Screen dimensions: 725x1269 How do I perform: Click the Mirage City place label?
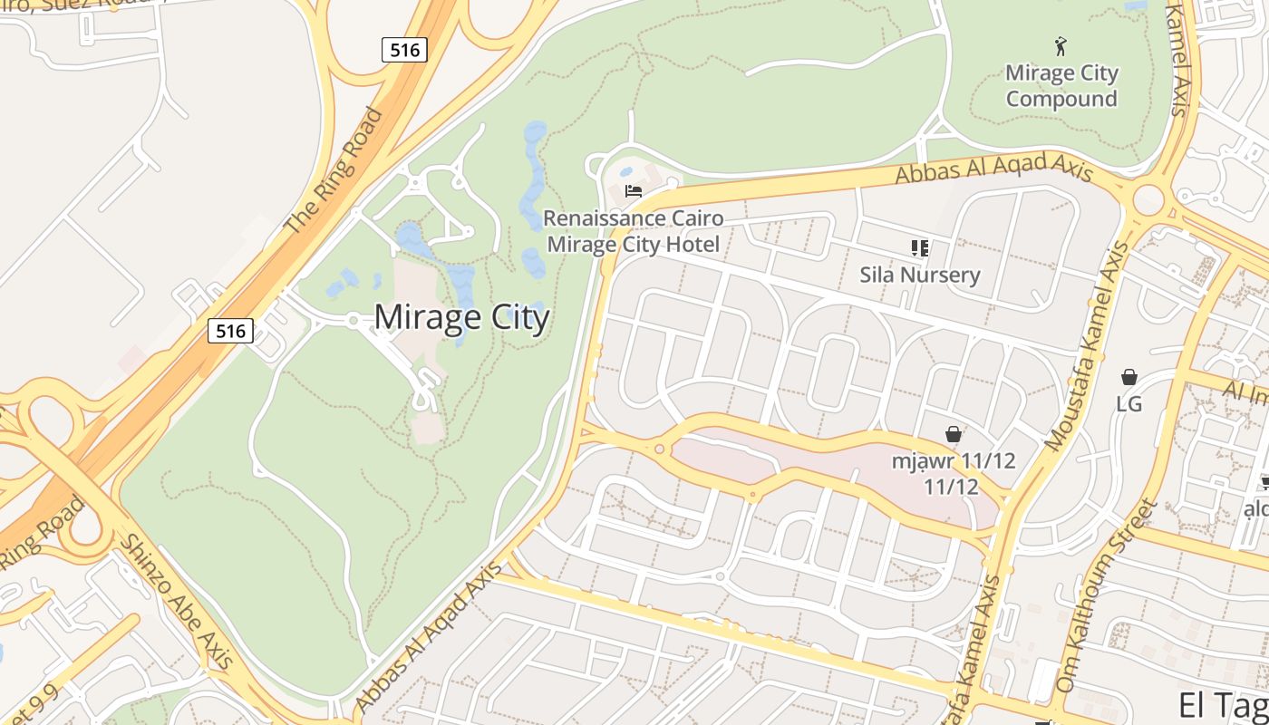(x=461, y=318)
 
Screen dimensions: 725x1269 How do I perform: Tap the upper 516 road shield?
(x=404, y=50)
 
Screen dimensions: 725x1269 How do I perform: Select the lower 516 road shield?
(x=230, y=331)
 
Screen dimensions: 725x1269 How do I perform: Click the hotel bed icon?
(x=634, y=191)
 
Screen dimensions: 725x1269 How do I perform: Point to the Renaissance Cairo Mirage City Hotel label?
(x=634, y=231)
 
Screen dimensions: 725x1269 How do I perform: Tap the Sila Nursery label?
(x=920, y=275)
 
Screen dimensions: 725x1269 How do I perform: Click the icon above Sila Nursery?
(x=920, y=247)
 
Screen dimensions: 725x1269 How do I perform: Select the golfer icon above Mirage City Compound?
(x=1061, y=46)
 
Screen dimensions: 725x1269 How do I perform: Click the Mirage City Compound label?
(x=1061, y=85)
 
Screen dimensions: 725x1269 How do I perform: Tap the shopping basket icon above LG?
(x=1129, y=377)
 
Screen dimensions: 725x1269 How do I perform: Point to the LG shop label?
(x=1129, y=403)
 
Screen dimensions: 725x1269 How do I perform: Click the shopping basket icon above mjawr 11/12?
(x=953, y=434)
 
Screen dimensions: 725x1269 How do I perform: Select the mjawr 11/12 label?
(x=953, y=473)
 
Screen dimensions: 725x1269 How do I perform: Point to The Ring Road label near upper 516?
(x=334, y=171)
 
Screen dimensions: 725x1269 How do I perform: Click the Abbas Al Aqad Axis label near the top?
(x=993, y=169)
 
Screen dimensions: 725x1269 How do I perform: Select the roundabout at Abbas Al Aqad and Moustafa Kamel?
(x=1148, y=198)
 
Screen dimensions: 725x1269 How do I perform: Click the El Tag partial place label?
(x=1223, y=704)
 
